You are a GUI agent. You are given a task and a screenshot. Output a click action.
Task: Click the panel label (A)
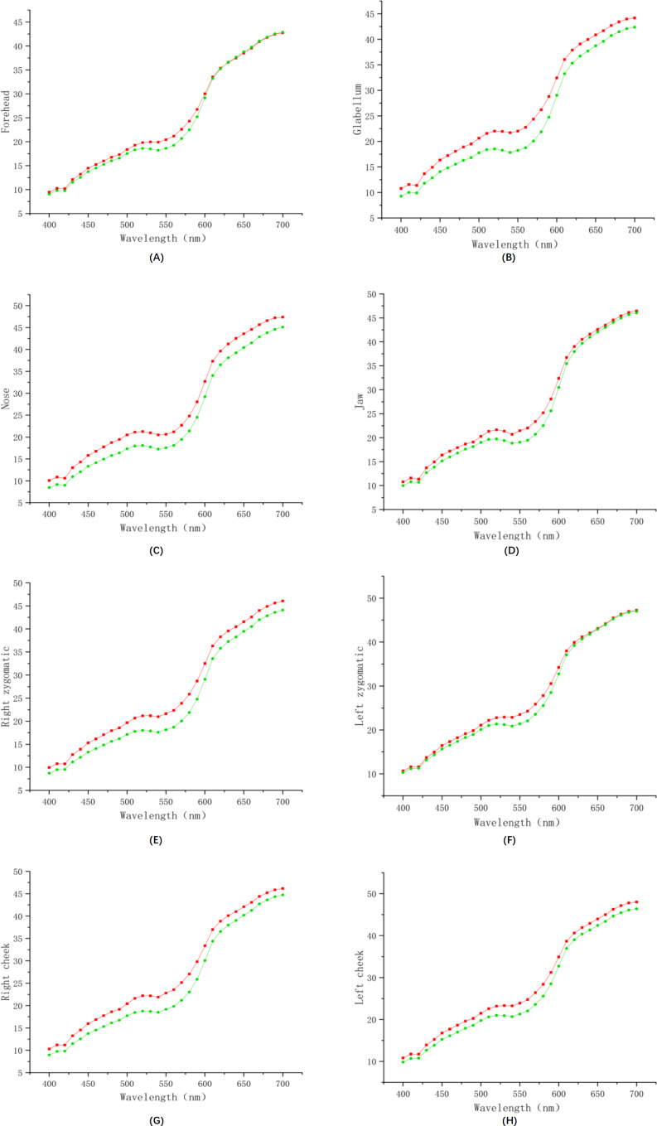click(157, 258)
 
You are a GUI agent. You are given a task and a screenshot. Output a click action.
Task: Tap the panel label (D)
click(510, 550)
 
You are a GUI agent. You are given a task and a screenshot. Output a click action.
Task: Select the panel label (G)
click(157, 1120)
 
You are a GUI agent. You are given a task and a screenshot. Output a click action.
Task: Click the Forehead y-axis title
click(6, 112)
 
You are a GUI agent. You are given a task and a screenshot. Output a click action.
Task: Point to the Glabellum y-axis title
click(357, 109)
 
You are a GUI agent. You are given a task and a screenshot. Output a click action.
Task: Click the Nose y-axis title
click(6, 399)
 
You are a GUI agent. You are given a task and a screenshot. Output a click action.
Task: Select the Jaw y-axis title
click(360, 402)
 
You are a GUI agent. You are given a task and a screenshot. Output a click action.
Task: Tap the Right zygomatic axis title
click(6, 687)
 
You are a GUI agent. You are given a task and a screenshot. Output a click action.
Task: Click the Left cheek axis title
click(360, 977)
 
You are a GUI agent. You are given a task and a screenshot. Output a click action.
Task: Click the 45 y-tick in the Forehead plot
click(18, 22)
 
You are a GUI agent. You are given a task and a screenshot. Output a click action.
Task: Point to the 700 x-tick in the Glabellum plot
click(635, 230)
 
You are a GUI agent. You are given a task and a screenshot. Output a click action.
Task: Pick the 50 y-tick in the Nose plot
click(18, 306)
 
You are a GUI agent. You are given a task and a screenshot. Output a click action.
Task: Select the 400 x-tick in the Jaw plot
click(403, 521)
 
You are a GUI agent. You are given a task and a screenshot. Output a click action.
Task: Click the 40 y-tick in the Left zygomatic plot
click(371, 642)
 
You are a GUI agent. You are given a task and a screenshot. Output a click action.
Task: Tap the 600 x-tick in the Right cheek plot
click(205, 1084)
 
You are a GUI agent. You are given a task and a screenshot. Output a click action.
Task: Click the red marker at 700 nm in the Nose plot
click(283, 317)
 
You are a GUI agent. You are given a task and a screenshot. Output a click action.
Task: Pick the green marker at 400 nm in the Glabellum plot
click(401, 196)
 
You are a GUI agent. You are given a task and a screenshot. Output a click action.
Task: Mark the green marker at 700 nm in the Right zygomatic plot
click(283, 611)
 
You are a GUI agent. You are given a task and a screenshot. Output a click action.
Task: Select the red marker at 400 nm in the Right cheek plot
click(49, 1049)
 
